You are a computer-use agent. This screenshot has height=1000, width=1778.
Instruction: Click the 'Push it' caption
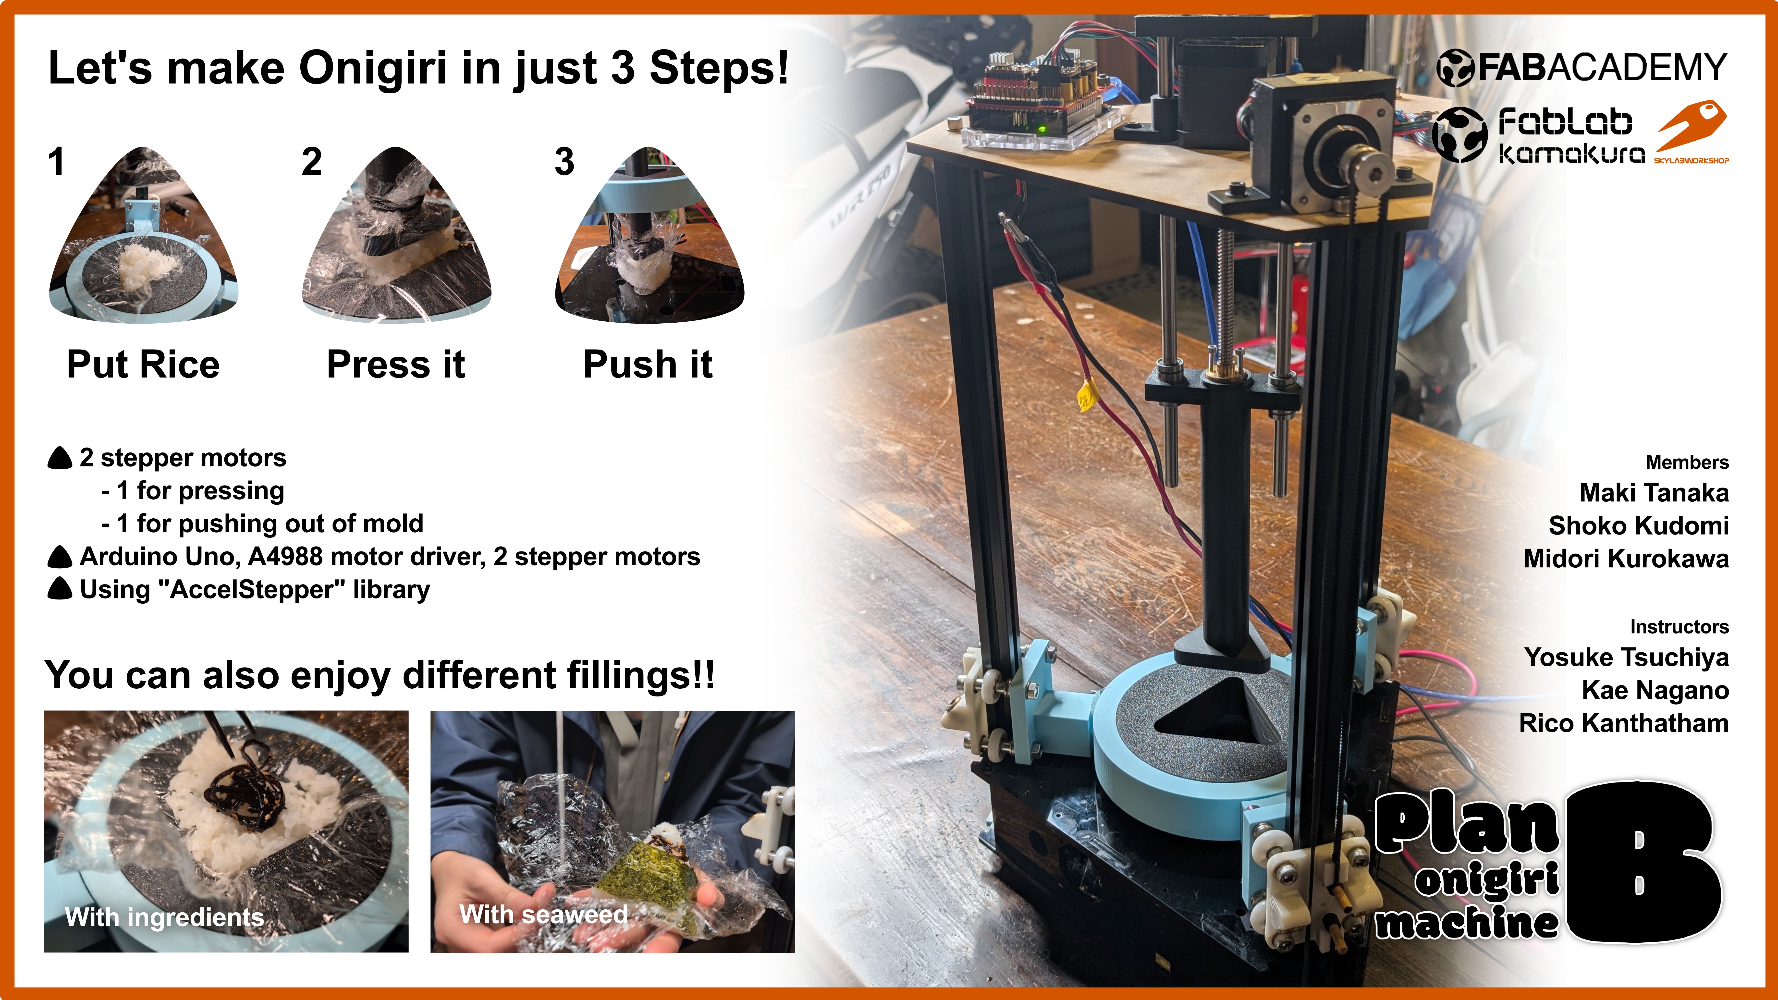[647, 364]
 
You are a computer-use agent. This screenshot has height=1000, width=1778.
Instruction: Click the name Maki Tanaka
[1654, 493]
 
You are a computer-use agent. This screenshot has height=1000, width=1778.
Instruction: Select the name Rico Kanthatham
[1624, 723]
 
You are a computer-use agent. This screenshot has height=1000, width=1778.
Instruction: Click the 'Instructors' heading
[1679, 627]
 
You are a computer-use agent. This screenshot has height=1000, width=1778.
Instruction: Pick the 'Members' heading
[1687, 462]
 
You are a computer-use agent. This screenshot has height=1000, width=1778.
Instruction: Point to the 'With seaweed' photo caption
[544, 915]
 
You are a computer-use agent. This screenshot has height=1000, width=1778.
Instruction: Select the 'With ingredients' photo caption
[164, 917]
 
